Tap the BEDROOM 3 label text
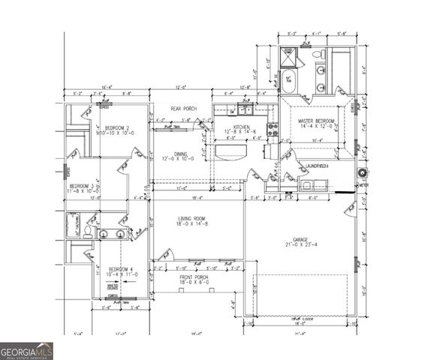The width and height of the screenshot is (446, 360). pos(82,186)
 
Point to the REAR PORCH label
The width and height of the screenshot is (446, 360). pos(182,109)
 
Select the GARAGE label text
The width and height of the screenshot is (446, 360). pos(300,239)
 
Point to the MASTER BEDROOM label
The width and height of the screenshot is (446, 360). pos(316,121)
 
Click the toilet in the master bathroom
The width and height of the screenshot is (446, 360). pos(318,55)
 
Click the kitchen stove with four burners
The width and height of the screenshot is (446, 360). pos(273,129)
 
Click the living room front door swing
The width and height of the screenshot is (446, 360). pos(166,255)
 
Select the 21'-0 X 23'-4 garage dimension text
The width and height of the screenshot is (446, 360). pos(300,245)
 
